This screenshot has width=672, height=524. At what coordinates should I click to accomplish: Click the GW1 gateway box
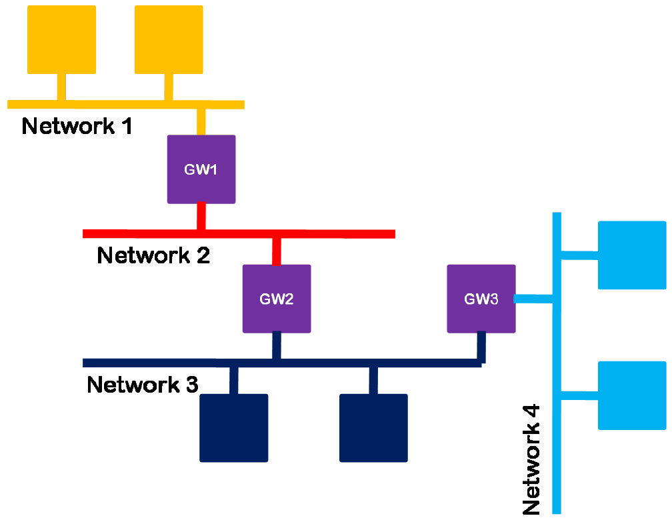[201, 169]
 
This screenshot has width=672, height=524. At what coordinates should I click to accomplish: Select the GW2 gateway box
[276, 299]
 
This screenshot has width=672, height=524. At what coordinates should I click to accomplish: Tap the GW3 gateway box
[481, 299]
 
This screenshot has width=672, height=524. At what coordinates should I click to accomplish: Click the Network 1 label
[77, 125]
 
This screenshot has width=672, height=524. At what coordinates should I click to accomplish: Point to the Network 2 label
[153, 255]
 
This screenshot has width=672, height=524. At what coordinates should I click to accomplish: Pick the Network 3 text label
[143, 385]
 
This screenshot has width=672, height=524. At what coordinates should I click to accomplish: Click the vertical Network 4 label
[531, 460]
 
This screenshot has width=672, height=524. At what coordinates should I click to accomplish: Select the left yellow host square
[61, 39]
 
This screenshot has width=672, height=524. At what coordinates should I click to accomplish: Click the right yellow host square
[169, 39]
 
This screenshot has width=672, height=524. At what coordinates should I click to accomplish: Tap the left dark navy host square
[233, 428]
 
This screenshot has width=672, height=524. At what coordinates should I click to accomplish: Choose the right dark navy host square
[373, 428]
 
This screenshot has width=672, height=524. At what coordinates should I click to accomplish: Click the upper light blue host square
[632, 255]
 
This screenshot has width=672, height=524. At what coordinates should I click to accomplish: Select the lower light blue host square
[632, 395]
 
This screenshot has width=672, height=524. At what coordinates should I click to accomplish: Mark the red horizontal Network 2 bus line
[333, 234]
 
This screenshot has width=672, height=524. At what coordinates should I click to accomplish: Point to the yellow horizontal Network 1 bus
[120, 105]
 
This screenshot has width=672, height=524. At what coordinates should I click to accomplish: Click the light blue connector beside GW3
[533, 299]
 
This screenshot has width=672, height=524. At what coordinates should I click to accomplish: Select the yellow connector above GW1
[201, 121]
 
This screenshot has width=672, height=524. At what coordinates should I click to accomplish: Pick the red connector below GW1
[201, 216]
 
